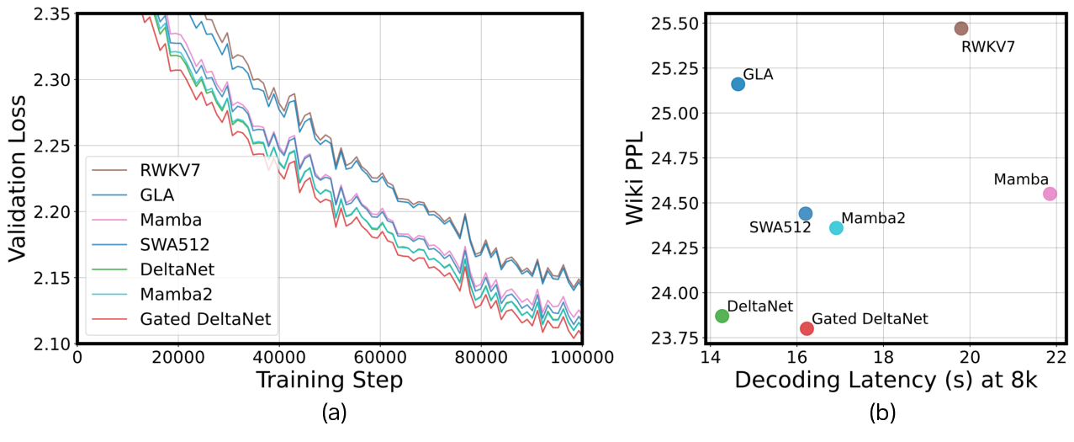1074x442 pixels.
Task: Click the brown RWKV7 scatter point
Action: pyautogui.click(x=961, y=29)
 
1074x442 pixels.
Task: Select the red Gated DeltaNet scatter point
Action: pyautogui.click(x=807, y=328)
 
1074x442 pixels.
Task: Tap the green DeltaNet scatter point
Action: pyautogui.click(x=722, y=316)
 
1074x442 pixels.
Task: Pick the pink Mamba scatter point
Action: pyautogui.click(x=1050, y=194)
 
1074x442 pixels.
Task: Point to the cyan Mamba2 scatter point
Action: pyautogui.click(x=836, y=228)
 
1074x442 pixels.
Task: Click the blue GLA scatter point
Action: pyautogui.click(x=738, y=84)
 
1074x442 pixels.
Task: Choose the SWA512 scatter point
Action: pyautogui.click(x=805, y=214)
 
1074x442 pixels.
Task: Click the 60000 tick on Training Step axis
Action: pyautogui.click(x=380, y=358)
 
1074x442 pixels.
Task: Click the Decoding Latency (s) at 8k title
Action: pyautogui.click(x=886, y=381)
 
